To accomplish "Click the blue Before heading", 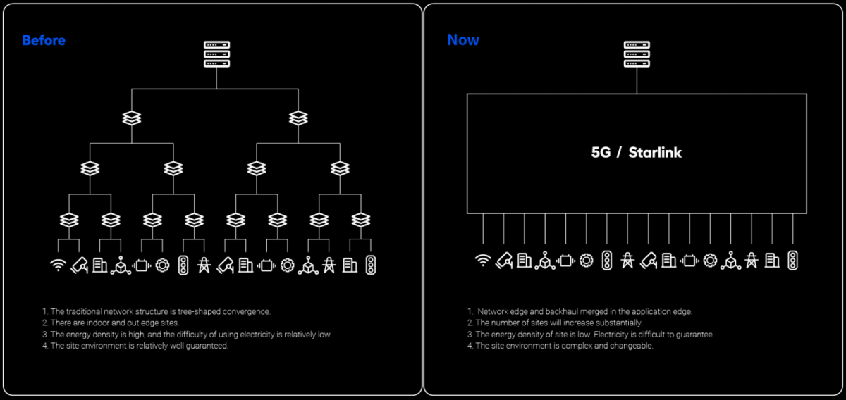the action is [44, 40].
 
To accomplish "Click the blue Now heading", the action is [463, 40].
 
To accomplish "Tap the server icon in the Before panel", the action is [217, 54].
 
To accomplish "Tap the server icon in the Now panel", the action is [637, 54].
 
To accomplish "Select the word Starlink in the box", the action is [655, 152].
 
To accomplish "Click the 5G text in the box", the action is [601, 152].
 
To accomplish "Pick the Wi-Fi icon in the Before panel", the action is [58, 265].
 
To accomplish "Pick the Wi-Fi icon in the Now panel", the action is [483, 261].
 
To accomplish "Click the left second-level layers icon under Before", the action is [132, 118].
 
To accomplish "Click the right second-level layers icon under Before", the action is [298, 118].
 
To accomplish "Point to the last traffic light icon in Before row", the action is [371, 265].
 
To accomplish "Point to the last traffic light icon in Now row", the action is [792, 261].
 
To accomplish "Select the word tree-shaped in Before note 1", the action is [199, 312].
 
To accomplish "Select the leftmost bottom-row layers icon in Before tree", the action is [69, 220].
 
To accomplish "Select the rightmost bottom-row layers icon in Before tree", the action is [361, 220].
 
